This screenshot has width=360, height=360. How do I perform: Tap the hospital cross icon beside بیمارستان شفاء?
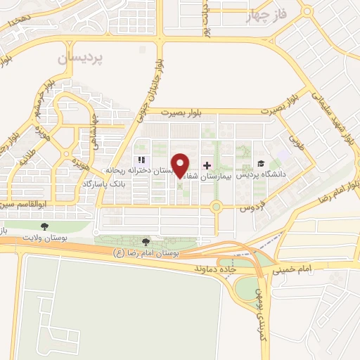(207, 165)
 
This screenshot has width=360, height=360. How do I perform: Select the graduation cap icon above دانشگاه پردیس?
(261, 164)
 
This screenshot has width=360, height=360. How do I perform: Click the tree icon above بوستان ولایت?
(45, 226)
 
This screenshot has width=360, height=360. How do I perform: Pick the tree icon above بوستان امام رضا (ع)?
(146, 242)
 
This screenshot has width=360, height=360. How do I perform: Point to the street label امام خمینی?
(314, 269)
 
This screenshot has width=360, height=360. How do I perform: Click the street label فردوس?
(250, 209)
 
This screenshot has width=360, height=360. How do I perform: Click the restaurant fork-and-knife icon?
(141, 160)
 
